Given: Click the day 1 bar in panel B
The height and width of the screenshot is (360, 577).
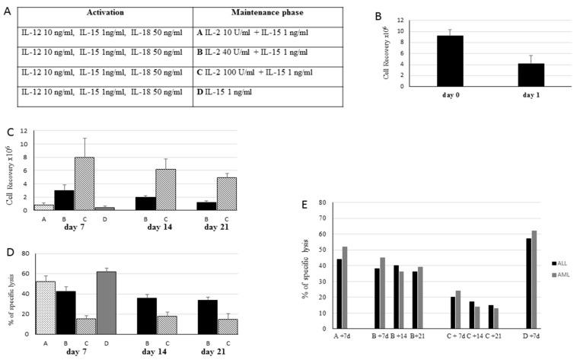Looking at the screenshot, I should click(531, 75).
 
